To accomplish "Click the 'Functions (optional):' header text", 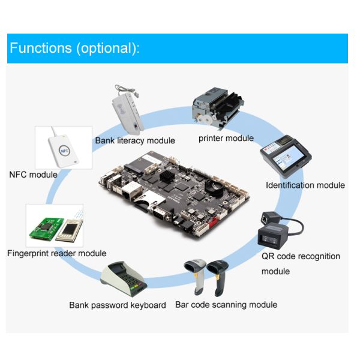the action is click(74, 48).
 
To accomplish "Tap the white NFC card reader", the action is click(64, 151).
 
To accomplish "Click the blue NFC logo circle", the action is click(64, 151).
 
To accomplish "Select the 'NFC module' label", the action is click(33, 175).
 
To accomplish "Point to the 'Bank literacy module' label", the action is click(135, 140).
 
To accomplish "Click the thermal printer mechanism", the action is click(218, 106).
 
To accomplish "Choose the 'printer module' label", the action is click(226, 138).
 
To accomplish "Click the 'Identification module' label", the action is click(305, 185).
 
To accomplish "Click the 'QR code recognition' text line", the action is click(301, 256).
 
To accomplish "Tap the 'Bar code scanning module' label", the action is click(226, 305).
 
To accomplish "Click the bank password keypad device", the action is click(124, 278).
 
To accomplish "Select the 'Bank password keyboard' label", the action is click(118, 305).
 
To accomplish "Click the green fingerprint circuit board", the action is click(46, 229).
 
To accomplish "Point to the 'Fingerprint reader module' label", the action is click(57, 253).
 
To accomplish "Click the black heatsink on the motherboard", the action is click(167, 177).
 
